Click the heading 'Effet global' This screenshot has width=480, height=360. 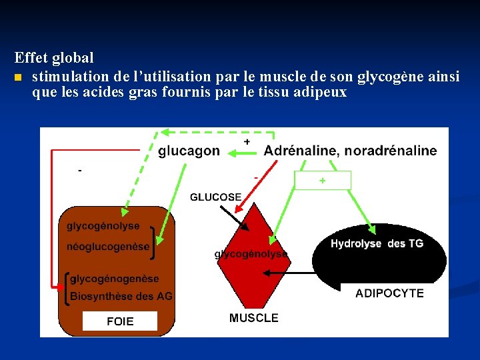(54, 59)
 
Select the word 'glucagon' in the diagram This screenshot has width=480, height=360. (189, 151)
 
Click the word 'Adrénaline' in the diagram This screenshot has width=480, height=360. (301, 151)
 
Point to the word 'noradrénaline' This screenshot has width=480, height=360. (391, 151)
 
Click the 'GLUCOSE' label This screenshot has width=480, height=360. (215, 197)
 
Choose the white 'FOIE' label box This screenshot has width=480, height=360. (120, 321)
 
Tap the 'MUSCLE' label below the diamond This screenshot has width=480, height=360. (253, 318)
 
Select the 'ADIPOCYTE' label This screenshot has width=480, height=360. (389, 293)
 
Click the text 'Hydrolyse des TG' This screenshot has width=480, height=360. (377, 244)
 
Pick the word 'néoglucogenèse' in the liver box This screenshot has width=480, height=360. (108, 247)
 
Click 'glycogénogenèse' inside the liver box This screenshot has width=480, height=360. (115, 279)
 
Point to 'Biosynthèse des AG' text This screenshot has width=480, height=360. (121, 296)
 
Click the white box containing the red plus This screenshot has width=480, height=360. (323, 181)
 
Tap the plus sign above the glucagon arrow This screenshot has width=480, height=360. (247, 142)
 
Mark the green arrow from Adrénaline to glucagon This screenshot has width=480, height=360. (243, 153)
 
